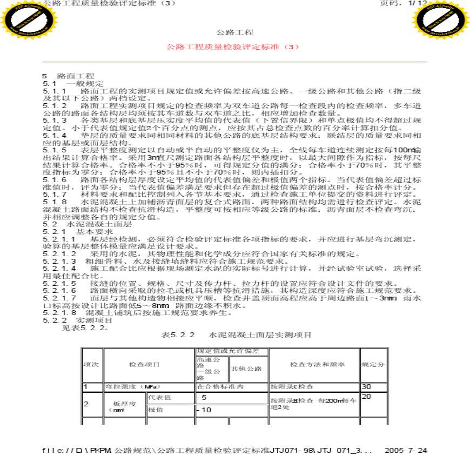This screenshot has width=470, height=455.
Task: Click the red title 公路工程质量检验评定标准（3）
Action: [234, 47]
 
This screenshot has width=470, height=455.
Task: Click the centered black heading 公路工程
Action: [234, 33]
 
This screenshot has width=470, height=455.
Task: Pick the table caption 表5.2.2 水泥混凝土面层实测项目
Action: [237, 335]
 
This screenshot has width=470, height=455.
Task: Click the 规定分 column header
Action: [373, 365]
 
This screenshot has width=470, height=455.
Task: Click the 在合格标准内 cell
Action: [221, 387]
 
